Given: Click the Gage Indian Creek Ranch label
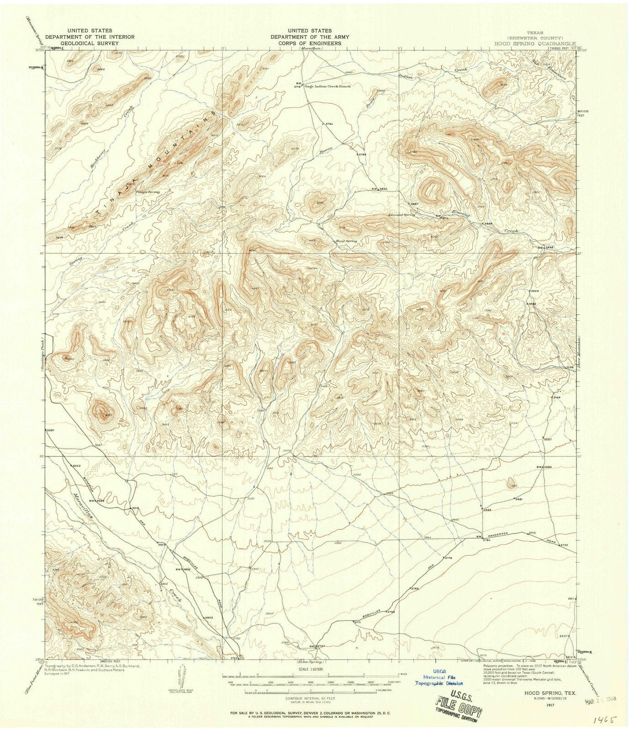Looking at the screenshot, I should coord(326,86).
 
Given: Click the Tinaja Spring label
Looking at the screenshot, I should coord(148,192).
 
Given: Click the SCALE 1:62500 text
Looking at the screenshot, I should coord(311,667).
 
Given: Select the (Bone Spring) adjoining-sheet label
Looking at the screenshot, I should coord(310,662).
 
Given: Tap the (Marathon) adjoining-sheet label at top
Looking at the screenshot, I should coord(310,48).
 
